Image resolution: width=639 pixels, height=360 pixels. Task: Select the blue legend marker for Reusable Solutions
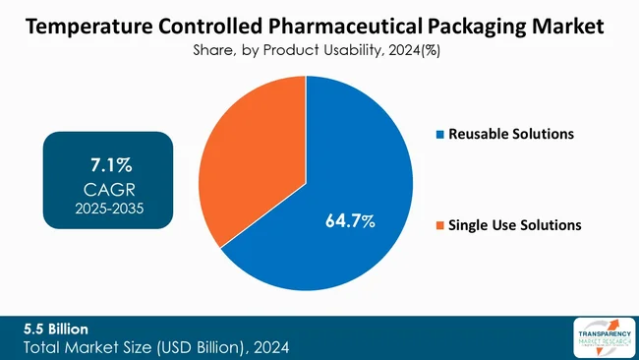(439, 134)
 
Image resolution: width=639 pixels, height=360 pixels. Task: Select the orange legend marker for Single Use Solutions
(439, 225)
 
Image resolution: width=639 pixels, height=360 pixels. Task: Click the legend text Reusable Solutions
(510, 134)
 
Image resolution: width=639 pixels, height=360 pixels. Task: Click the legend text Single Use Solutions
(514, 225)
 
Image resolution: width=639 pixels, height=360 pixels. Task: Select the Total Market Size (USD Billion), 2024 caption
(157, 346)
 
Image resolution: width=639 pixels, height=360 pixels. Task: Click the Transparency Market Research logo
(601, 337)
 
